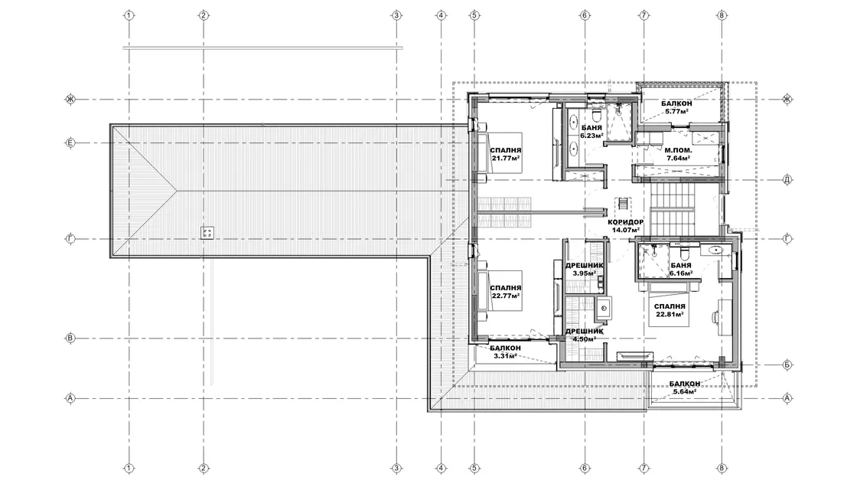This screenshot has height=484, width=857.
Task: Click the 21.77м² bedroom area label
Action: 506,159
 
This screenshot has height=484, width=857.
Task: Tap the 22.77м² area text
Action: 506,296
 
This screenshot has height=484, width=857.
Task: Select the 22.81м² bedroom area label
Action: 670,315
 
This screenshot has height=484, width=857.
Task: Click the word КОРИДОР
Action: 626,222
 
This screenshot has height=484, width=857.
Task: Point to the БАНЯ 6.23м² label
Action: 592,131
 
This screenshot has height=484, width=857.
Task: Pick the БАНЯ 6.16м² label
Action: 681,269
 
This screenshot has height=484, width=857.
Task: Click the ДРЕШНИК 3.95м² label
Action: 585,269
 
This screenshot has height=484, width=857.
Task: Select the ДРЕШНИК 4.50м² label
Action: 585,335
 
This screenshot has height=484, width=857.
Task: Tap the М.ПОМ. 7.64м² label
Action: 678,154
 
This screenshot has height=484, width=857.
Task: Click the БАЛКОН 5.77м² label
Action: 676,107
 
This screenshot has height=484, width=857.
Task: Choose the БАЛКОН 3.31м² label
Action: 505,352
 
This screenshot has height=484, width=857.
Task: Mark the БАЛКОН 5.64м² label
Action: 684,388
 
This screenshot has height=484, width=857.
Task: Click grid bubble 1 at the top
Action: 129,15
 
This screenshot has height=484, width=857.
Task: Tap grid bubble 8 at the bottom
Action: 722,468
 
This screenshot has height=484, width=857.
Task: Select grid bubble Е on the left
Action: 70,143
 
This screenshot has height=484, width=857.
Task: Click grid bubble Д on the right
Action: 787,179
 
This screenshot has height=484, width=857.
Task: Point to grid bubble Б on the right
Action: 787,365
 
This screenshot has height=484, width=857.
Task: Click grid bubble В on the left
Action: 70,338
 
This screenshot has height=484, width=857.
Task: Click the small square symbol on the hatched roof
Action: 207,233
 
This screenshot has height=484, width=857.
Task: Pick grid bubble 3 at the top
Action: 397,15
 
